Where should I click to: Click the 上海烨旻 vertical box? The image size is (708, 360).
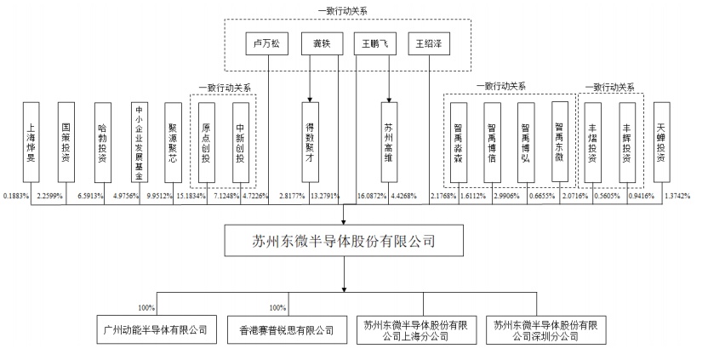coord(32,141)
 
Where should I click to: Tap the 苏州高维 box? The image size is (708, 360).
coord(388,141)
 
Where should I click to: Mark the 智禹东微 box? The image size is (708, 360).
coord(558,141)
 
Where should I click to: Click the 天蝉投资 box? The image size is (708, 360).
coord(661,141)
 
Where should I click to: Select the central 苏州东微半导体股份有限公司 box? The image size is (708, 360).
coord(345,242)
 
